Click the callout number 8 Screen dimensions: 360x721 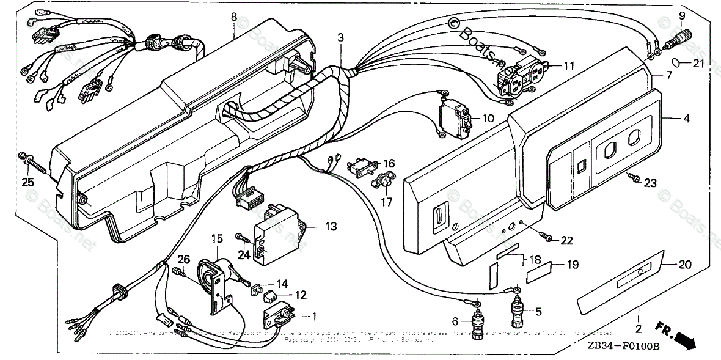click(233, 17)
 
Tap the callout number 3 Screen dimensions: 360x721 click(340, 37)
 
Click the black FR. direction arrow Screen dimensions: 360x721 click(683, 339)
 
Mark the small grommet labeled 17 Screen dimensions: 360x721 click(382, 181)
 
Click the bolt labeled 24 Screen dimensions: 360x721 click(241, 236)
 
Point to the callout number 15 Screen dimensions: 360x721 click(218, 237)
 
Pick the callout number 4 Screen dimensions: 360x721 click(687, 119)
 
